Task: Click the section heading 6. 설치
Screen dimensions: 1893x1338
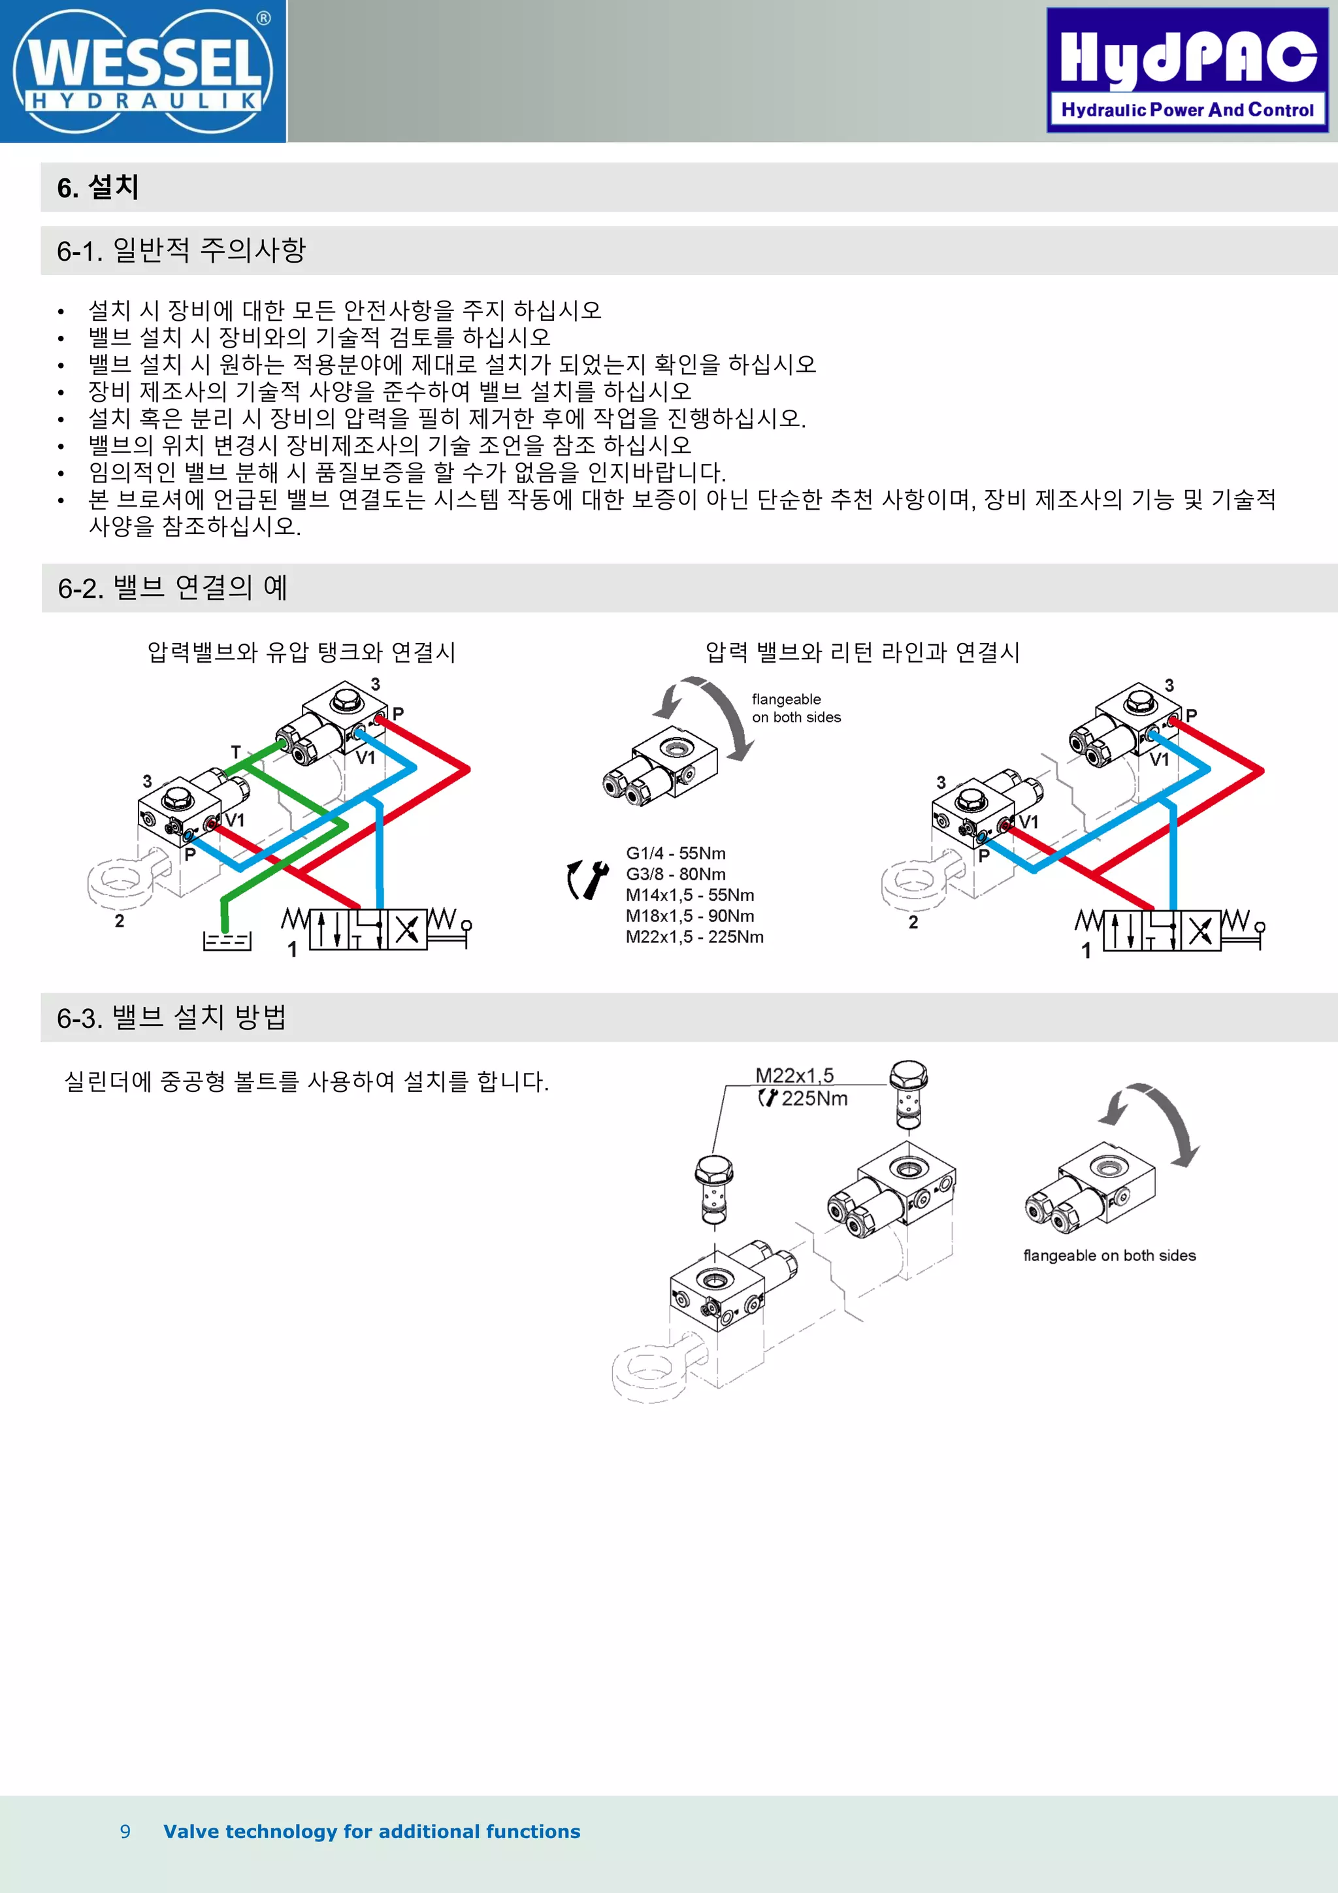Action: (x=97, y=187)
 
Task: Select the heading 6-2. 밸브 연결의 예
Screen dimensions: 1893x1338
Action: (x=172, y=588)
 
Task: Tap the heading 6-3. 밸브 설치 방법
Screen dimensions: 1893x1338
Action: (x=171, y=1017)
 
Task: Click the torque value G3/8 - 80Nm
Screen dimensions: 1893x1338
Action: (x=675, y=874)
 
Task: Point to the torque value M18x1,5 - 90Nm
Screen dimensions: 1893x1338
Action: (x=689, y=916)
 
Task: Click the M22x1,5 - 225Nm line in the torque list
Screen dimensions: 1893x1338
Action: (x=694, y=936)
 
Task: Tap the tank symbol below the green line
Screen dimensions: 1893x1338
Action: (x=227, y=940)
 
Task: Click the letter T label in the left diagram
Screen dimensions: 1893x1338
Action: (x=236, y=752)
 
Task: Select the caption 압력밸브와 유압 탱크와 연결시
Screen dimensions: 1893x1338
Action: (x=301, y=652)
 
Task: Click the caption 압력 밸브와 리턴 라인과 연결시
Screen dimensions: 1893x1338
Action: (x=862, y=652)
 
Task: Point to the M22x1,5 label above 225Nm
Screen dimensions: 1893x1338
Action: (x=794, y=1075)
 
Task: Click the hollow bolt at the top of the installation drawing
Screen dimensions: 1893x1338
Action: (x=909, y=1093)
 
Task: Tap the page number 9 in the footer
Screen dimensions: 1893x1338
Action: (x=125, y=1831)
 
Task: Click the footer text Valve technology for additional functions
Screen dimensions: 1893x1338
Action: (x=372, y=1831)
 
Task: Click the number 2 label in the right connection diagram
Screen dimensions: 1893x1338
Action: (x=913, y=922)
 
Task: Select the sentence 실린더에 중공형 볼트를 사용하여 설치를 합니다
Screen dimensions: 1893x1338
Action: (x=306, y=1081)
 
